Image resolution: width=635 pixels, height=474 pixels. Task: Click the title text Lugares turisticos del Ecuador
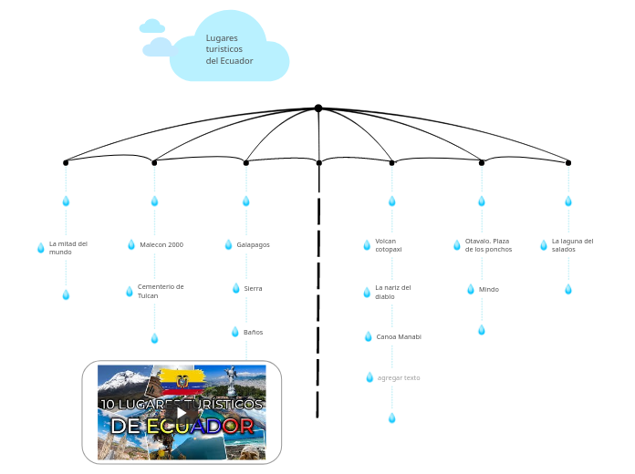pyautogui.click(x=229, y=49)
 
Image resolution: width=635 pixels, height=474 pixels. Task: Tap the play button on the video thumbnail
pyautogui.click(x=182, y=413)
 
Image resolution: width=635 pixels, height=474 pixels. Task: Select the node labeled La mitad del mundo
pyautogui.click(x=68, y=247)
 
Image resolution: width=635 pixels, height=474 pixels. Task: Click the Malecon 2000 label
pyautogui.click(x=161, y=244)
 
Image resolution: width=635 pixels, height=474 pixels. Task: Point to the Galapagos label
pyautogui.click(x=253, y=244)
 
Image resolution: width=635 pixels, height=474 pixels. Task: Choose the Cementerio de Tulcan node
pyautogui.click(x=161, y=291)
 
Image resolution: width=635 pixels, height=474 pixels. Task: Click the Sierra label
pyautogui.click(x=253, y=288)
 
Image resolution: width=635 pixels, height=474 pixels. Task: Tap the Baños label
pyautogui.click(x=253, y=332)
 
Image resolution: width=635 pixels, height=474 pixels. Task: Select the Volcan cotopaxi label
pyautogui.click(x=388, y=244)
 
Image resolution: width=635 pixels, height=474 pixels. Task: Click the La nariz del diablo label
pyautogui.click(x=392, y=292)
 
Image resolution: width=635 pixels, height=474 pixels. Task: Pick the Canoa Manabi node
pyautogui.click(x=399, y=336)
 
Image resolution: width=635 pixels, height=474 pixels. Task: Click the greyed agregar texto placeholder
pyautogui.click(x=399, y=377)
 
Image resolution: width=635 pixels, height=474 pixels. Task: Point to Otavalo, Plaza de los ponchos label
pyautogui.click(x=488, y=244)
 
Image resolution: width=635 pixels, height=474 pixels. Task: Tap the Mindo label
pyautogui.click(x=489, y=289)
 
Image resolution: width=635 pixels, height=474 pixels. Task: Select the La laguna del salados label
pyautogui.click(x=572, y=244)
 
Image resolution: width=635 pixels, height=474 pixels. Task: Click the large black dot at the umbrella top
pyautogui.click(x=318, y=108)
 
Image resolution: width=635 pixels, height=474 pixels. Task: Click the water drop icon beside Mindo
pyautogui.click(x=471, y=289)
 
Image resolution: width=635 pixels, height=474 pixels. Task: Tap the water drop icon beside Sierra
pyautogui.click(x=235, y=288)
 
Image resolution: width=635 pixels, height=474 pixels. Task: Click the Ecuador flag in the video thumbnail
pyautogui.click(x=182, y=380)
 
